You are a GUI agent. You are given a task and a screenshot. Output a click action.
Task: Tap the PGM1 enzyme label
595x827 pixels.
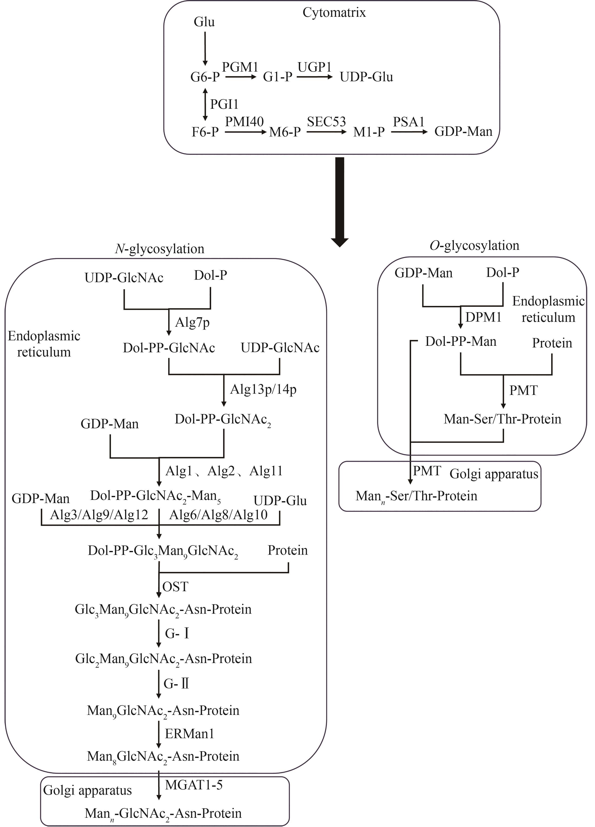tap(240, 67)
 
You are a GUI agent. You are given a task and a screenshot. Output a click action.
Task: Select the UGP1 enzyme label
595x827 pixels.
tap(315, 67)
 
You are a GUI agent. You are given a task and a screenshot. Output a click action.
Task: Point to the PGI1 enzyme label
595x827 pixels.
tap(224, 104)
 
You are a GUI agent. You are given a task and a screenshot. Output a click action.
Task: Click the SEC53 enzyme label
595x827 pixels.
tap(326, 122)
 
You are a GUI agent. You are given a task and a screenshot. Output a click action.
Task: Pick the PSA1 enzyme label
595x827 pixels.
tap(409, 122)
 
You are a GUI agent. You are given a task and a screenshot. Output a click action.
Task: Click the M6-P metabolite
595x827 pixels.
tap(285, 132)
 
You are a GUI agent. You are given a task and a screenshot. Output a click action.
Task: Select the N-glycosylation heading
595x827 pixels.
tap(160, 249)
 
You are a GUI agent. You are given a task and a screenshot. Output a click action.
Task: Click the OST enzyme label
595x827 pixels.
tap(175, 587)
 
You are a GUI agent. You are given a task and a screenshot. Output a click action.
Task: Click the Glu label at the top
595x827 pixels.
tap(204, 22)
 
